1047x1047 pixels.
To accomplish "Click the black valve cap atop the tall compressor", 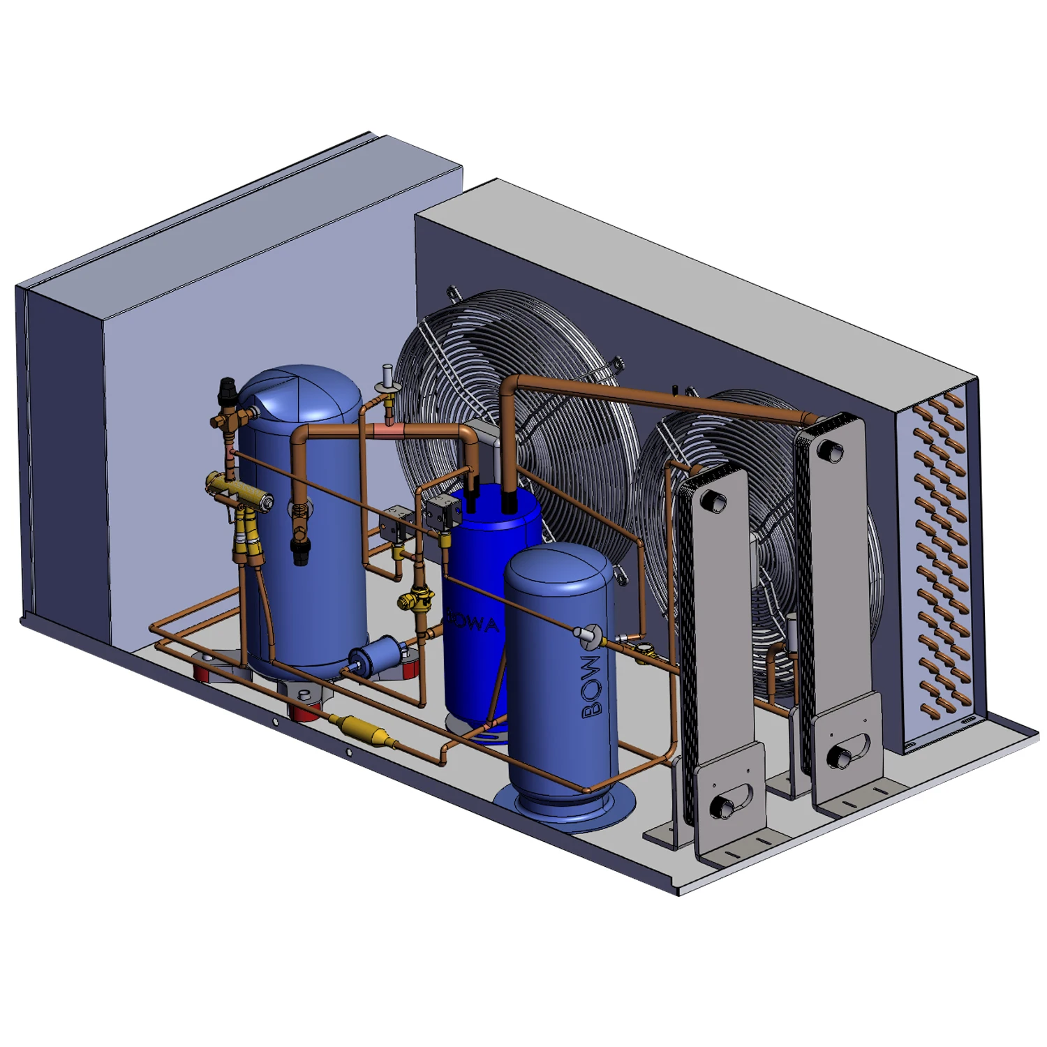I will click(228, 385).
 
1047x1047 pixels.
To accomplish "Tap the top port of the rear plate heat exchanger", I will click(832, 450).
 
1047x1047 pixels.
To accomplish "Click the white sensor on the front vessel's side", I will click(584, 634).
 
